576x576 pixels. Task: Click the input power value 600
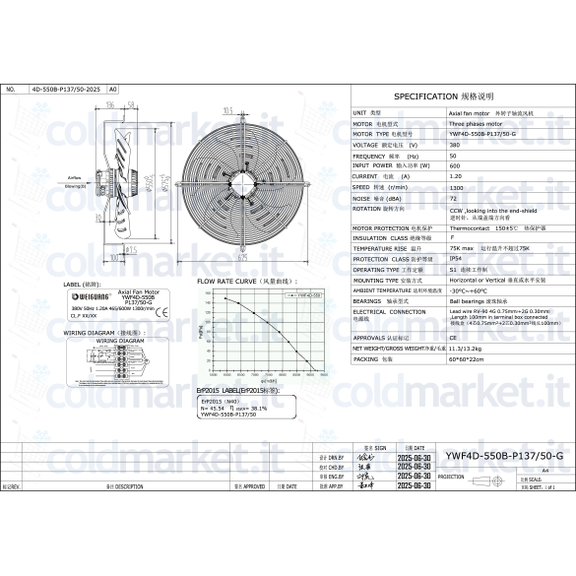click(454, 165)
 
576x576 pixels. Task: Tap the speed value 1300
click(456, 186)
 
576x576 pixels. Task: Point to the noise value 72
click(453, 197)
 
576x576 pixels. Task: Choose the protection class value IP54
click(455, 259)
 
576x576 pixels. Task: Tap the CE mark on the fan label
click(164, 314)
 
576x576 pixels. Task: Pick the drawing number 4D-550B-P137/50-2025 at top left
click(66, 89)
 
